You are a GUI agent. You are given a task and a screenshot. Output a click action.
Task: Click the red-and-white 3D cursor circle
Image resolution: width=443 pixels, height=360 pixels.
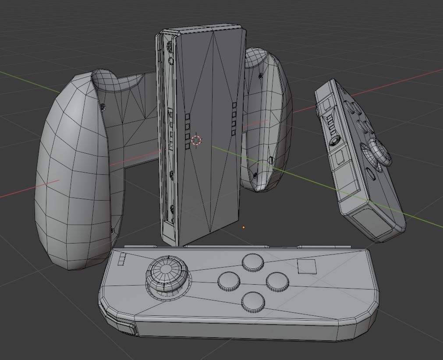196,140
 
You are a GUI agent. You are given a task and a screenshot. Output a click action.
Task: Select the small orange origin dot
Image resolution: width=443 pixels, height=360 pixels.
244,227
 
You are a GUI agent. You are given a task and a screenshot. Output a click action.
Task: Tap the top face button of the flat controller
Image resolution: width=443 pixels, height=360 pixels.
253,262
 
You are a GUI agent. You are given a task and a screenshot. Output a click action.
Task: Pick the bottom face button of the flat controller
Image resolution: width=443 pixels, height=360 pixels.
253,301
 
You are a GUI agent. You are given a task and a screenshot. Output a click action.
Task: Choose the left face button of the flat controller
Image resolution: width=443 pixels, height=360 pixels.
229,281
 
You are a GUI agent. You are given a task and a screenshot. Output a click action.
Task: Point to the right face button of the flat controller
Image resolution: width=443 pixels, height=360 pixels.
277,281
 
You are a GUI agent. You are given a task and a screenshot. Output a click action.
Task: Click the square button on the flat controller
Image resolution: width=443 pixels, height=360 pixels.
307,266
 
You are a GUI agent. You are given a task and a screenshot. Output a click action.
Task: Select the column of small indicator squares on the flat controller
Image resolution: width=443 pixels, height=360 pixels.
122,259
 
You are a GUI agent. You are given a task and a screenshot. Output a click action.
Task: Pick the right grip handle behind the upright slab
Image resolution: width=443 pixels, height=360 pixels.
267,118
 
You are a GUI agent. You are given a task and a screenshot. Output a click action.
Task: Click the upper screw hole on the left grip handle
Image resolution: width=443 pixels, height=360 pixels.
103,107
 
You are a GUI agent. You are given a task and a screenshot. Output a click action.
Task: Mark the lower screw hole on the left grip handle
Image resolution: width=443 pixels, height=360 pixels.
113,230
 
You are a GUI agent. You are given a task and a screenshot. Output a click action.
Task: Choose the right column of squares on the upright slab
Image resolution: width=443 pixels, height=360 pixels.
234,118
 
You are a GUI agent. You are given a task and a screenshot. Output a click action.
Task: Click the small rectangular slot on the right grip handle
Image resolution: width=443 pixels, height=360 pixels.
271,160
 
